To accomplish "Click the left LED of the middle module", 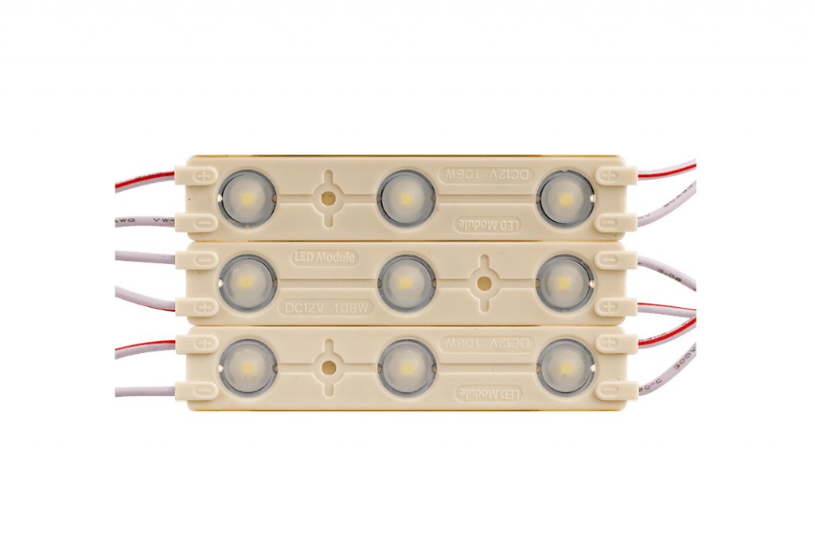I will pos(245,281).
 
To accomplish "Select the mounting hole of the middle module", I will pos(483,281).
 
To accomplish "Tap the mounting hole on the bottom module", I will pos(327,366).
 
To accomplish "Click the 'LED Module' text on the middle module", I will pos(321,258).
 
